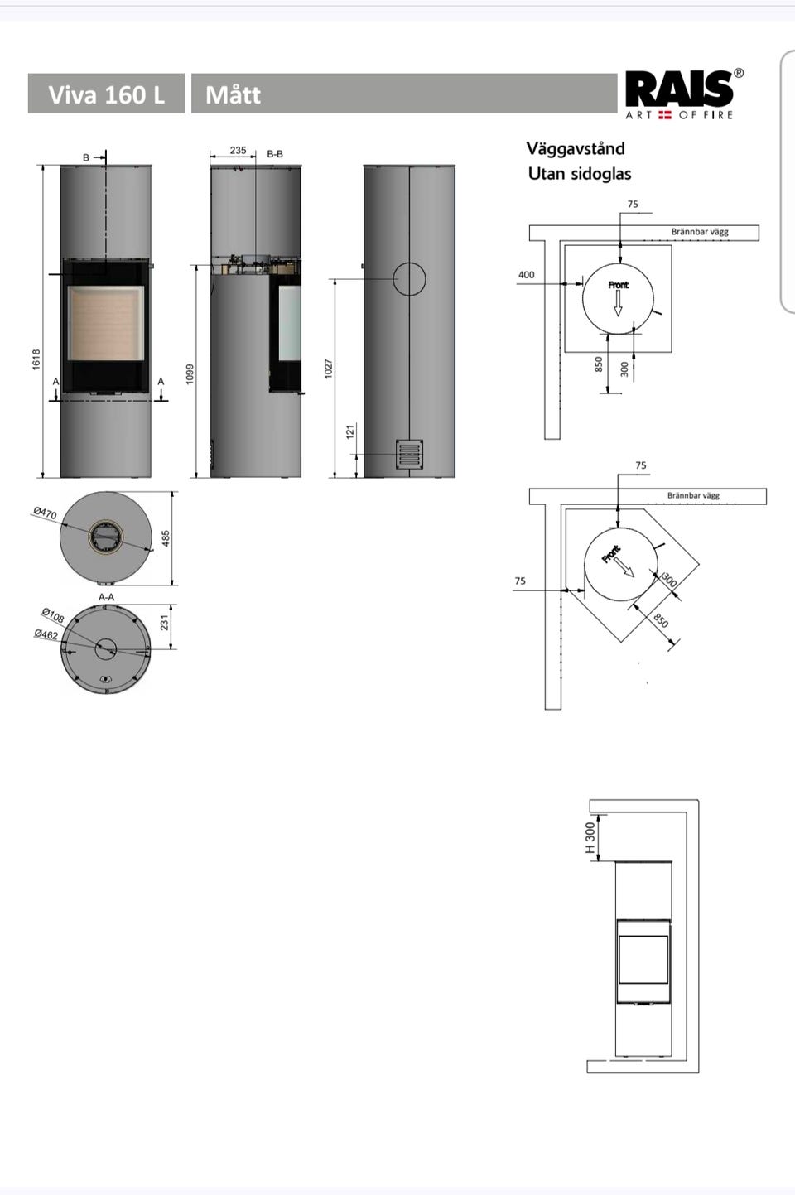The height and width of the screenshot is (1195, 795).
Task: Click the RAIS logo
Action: tap(685, 94)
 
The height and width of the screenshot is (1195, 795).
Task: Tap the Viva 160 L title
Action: tap(106, 94)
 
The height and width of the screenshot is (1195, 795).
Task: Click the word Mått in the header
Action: tap(234, 94)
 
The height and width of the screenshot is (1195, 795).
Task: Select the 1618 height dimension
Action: tap(36, 359)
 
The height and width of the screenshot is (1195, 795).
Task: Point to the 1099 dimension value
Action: tap(190, 373)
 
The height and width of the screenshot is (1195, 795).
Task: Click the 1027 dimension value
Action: tap(328, 369)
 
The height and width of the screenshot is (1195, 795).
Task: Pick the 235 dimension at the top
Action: tap(238, 151)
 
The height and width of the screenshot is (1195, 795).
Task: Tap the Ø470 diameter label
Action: tap(45, 513)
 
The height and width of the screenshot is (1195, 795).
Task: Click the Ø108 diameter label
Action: tap(53, 615)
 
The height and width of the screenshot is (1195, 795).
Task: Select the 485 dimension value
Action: tap(166, 537)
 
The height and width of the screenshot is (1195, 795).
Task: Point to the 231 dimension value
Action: tap(164, 622)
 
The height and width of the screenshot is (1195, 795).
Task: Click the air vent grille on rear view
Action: tap(409, 454)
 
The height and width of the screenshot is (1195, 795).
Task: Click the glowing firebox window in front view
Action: tap(106, 323)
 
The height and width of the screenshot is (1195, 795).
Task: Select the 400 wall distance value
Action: tap(526, 275)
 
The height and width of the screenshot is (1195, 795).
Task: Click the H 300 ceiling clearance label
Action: tap(590, 837)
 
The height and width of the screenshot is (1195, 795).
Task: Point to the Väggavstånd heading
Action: tap(576, 148)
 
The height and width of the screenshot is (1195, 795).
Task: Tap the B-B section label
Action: tap(275, 154)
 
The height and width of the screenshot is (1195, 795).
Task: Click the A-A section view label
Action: tap(106, 598)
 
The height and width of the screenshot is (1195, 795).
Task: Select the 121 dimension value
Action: tap(350, 431)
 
